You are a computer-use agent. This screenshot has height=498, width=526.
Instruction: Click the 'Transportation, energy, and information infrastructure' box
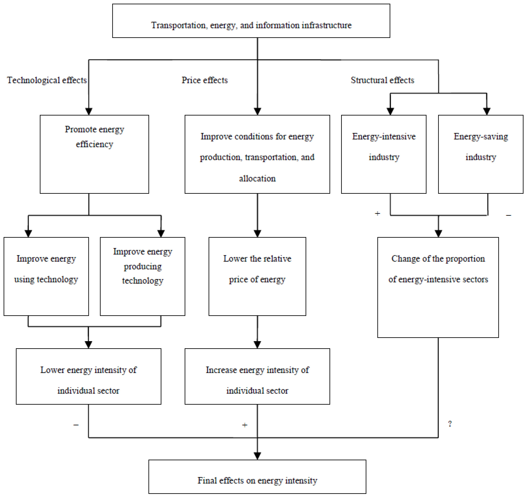pos(251,21)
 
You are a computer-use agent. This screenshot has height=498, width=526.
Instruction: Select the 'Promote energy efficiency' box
pos(94,154)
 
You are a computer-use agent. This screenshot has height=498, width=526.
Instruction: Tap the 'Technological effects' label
pos(47,80)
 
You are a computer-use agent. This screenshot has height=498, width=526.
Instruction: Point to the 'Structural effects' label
pos(382,80)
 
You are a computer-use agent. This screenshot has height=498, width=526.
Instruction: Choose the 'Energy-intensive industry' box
pos(384,154)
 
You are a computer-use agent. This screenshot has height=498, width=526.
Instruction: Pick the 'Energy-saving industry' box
pos(481,154)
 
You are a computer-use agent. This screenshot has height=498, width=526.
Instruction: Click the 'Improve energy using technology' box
pos(46,276)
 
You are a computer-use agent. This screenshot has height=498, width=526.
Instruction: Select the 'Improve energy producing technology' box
pos(143,276)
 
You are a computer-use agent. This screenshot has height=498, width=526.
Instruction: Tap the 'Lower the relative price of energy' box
pos(257,276)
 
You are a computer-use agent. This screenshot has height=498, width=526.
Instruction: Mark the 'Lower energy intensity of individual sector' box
pos(88,376)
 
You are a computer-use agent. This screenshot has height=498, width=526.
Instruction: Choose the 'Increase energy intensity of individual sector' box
pos(257,376)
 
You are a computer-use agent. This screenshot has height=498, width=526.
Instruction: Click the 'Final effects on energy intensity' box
pos(257,477)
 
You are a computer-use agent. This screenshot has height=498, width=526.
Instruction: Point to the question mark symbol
pos(450,424)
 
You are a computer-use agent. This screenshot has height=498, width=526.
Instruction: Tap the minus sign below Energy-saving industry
pos(509,215)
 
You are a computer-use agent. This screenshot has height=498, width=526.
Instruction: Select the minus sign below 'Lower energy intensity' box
pos(76,425)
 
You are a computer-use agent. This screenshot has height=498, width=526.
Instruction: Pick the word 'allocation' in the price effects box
pos(257,178)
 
